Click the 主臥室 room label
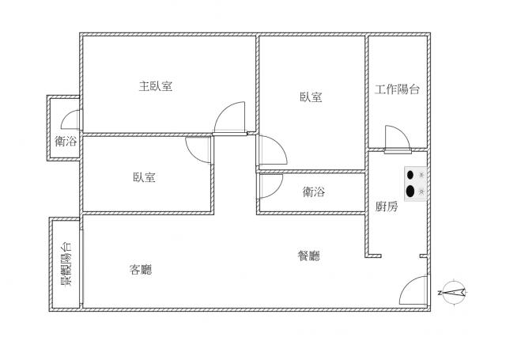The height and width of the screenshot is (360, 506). tap(156, 86)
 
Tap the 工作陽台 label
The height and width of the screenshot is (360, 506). tap(397, 89)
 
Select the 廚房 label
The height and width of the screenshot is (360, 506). tap(387, 207)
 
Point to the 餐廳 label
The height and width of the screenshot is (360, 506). tap(309, 256)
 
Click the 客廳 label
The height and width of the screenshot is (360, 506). tap(141, 269)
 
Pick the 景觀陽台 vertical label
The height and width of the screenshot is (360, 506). tap(66, 264)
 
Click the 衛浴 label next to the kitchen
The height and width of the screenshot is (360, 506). tap(314, 191)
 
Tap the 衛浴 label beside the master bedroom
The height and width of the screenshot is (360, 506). tap(66, 141)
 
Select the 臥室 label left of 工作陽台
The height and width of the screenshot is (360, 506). tap(311, 97)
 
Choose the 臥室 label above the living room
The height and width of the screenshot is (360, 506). tap(144, 177)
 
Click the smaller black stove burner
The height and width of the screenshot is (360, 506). tap(410, 175)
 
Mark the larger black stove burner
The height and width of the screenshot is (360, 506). tap(410, 191)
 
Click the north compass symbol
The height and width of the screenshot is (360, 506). tap(452, 293)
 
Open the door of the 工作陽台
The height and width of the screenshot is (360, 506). tap(398, 139)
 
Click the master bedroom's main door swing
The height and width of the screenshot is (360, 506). tap(230, 118)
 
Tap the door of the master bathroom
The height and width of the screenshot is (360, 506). tap(71, 119)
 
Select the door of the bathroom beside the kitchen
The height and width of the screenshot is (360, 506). tap(270, 186)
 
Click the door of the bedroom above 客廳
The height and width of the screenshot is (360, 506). tap(198, 150)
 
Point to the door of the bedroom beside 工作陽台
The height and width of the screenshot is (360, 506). tap(272, 150)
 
